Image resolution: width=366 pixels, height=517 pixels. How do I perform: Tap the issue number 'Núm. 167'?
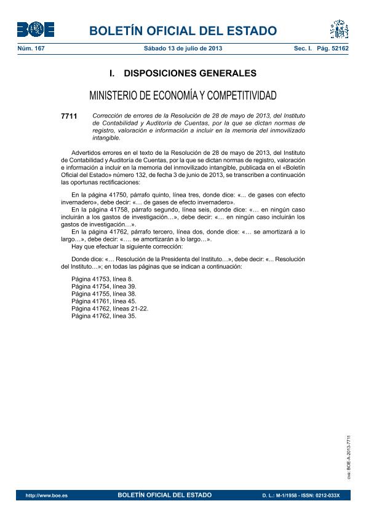coord(30,48)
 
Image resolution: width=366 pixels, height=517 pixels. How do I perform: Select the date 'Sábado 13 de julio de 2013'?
coord(183,48)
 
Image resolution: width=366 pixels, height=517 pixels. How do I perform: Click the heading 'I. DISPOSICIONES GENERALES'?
coord(183,74)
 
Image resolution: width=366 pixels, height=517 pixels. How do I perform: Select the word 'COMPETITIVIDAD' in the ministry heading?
coord(242,95)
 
